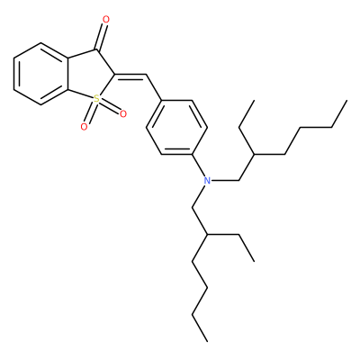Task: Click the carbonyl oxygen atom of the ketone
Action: click(106, 20)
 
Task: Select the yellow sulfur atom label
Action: click(96, 98)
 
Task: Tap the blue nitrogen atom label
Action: click(207, 181)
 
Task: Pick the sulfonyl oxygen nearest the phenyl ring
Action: click(122, 114)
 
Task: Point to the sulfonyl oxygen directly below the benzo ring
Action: click(85, 127)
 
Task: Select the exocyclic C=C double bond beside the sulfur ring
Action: click(130, 76)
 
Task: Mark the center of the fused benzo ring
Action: click(40, 74)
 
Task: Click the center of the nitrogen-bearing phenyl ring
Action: click(177, 127)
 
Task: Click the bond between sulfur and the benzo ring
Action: click(80, 94)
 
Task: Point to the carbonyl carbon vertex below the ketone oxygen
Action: click(96, 49)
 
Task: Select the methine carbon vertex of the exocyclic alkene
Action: click(146, 74)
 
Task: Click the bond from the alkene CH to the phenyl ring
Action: click(154, 87)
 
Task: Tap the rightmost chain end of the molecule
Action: click(346, 101)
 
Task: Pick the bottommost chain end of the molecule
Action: click(207, 341)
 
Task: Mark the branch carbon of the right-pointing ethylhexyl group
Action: click(254, 155)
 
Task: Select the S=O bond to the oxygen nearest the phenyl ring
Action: click(110, 106)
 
